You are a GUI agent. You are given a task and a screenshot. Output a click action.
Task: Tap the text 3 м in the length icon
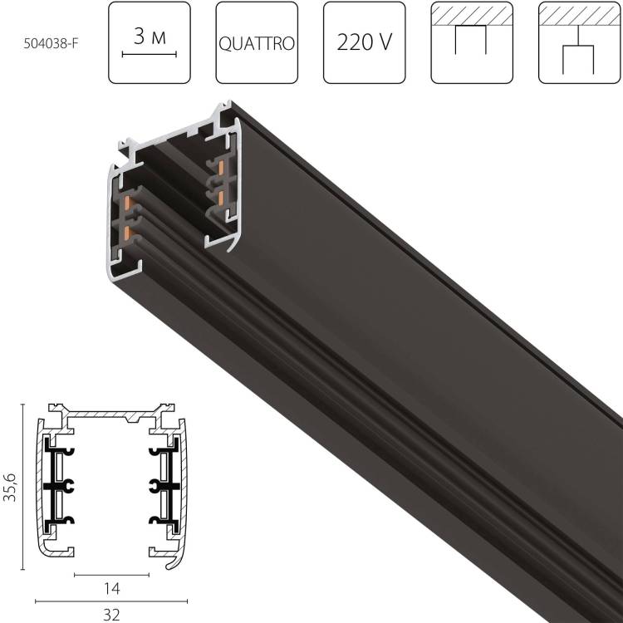[x=150, y=36]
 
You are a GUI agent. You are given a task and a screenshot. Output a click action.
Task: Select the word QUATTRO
[x=256, y=43]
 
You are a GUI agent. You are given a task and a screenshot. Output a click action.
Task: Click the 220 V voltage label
[x=363, y=43]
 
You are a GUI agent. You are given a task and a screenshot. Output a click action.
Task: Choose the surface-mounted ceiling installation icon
[x=471, y=42]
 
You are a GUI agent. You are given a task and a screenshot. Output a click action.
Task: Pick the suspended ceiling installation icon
[x=578, y=42]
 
